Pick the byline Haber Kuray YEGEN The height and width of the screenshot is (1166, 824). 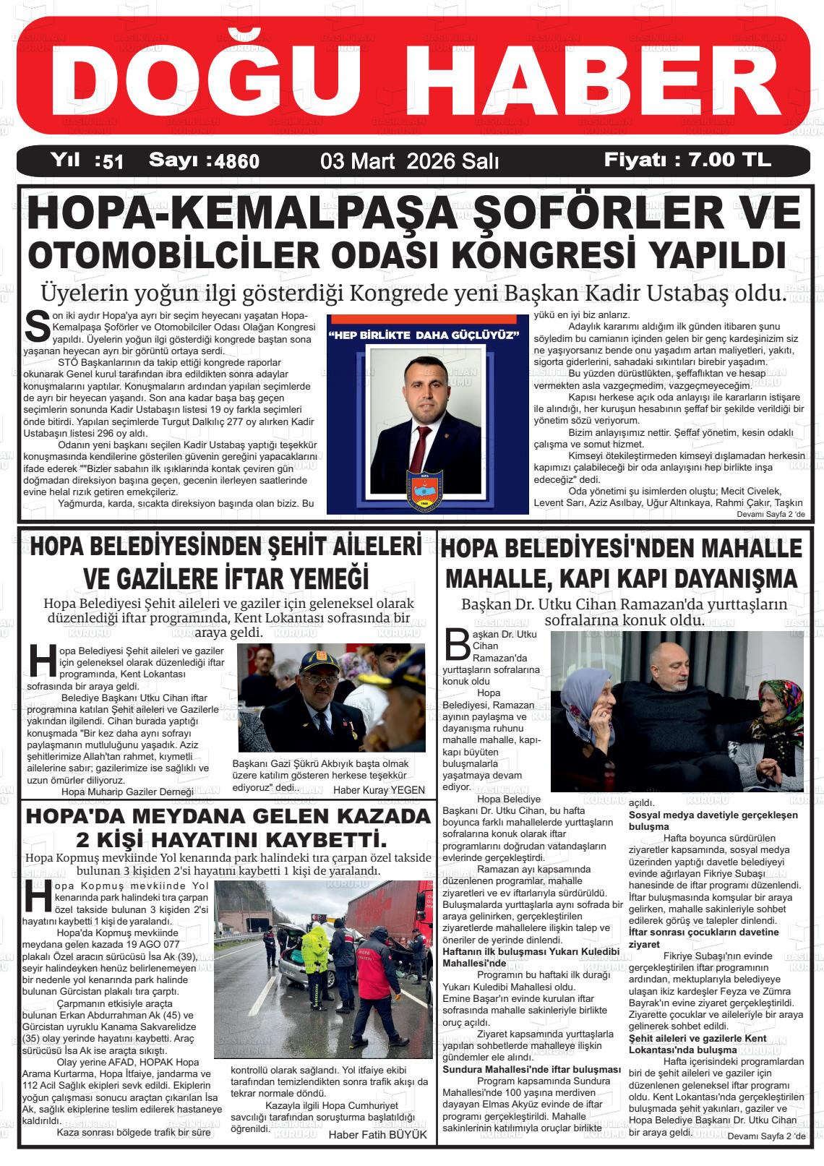coord(379,790)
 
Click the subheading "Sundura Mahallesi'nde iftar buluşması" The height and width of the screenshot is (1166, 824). coord(531,1069)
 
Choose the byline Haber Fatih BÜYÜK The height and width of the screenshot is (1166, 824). coord(377,1135)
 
